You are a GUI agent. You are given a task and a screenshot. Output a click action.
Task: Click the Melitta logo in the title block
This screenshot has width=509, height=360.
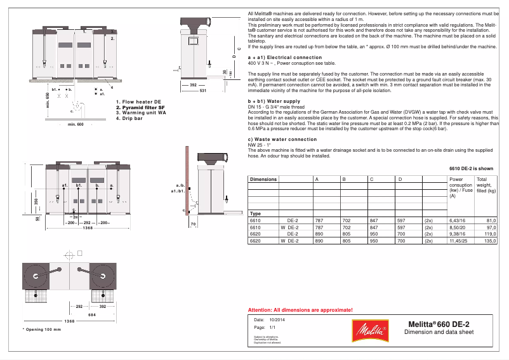point(369,330)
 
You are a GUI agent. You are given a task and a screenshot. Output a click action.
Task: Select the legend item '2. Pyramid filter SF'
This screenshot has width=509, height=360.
point(140,107)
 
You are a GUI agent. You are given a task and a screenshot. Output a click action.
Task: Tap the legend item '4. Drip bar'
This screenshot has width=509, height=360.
point(128,118)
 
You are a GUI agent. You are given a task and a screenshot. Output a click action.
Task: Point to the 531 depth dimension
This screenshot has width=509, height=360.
point(202,91)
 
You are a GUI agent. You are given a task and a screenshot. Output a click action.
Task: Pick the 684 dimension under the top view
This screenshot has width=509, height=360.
point(92,314)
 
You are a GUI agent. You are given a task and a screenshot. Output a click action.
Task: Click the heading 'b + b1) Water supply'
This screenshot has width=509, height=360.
point(274,101)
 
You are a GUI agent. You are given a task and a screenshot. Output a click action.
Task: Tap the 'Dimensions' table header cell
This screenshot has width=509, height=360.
point(263,179)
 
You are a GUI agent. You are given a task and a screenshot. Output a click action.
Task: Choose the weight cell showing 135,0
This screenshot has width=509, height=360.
point(490,241)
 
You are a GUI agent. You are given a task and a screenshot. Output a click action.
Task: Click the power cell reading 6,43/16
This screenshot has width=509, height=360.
point(457,220)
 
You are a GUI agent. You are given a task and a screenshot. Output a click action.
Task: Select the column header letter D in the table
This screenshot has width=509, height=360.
point(400,179)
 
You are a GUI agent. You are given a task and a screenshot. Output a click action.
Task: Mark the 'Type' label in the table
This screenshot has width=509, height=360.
point(256,213)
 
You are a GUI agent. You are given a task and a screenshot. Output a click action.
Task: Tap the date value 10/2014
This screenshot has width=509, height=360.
point(278,319)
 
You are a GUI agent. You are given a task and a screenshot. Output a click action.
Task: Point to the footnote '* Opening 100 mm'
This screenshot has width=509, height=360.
point(42,330)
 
